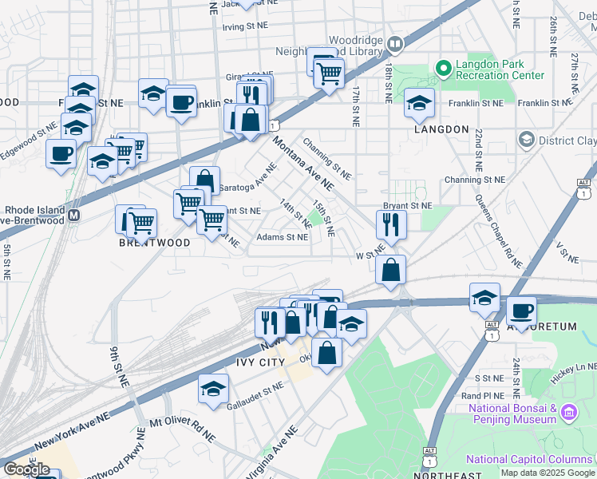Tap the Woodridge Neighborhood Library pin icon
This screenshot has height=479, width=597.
394,44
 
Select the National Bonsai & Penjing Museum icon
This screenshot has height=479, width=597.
568,413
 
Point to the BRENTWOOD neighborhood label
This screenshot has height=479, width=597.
155,243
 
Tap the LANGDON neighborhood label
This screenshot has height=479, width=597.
441,129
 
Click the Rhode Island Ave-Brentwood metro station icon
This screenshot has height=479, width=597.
74,216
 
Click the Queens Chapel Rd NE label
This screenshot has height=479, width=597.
498,231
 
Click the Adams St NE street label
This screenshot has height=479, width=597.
282,237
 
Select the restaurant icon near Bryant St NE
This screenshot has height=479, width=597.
391,224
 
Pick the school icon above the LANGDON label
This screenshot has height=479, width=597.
419,102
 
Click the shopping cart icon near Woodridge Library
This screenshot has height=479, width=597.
328,73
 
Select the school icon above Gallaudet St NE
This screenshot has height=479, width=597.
213,389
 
